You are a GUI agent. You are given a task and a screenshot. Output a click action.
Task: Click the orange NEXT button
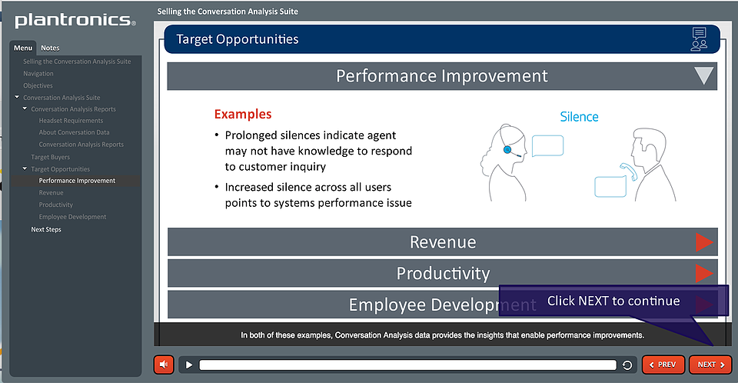710,365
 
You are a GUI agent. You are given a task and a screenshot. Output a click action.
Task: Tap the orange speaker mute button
164,365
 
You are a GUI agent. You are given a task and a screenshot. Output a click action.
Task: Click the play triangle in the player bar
189,365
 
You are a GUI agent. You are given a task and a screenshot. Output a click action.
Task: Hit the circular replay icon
627,365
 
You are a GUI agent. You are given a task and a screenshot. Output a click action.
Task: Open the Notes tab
50,48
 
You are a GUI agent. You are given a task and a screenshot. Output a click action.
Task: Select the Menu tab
22,48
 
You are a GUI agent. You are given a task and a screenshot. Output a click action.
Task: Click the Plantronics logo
75,20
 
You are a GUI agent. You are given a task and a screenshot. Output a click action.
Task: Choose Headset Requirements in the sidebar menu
71,121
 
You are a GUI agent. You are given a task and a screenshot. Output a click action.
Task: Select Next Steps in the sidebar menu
46,229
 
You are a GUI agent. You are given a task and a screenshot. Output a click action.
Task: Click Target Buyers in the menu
51,157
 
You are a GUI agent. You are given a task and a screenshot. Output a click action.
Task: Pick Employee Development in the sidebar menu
72,217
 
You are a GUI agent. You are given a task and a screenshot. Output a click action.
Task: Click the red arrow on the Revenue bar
704,242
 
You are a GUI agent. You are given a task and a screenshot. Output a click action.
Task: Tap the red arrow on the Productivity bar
704,273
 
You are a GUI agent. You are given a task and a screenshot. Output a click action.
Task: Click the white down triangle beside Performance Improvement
703,75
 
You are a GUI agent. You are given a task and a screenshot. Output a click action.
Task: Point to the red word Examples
243,114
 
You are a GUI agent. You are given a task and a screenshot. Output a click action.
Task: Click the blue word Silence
580,117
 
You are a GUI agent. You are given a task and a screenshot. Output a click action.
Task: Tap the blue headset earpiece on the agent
507,150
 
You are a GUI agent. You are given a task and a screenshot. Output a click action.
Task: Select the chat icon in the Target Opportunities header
699,38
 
